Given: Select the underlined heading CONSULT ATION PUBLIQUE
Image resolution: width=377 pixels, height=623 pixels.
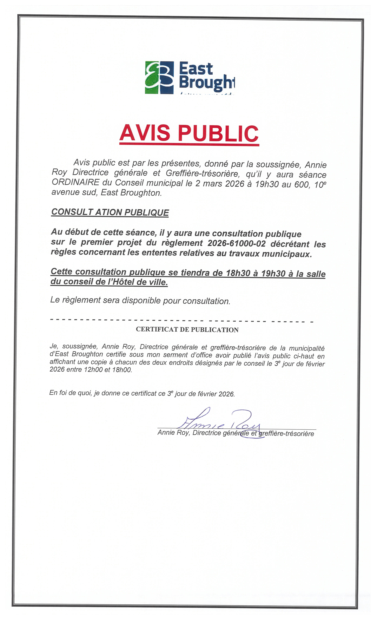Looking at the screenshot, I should click(x=110, y=212).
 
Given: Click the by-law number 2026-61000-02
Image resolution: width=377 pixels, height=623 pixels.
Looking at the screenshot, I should click(x=237, y=243).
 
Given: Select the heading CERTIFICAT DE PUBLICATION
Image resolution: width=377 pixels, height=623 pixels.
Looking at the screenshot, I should click(x=187, y=330).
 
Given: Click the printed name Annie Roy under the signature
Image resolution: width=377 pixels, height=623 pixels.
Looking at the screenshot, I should click(x=173, y=433).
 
